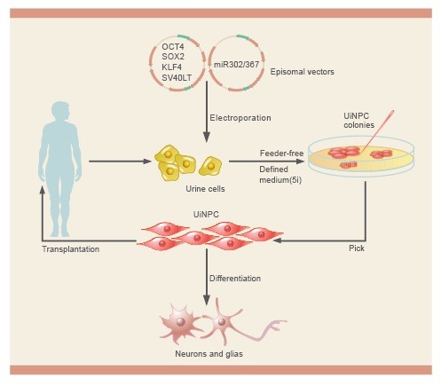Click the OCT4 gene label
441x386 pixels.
(x=173, y=46)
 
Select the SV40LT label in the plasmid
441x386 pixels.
(x=177, y=77)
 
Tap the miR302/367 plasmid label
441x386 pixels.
(x=236, y=64)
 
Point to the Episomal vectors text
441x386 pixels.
(x=303, y=72)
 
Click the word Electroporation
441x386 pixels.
(x=240, y=118)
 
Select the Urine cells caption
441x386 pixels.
(x=205, y=189)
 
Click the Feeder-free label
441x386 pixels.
(x=282, y=154)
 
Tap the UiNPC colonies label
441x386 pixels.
(x=359, y=121)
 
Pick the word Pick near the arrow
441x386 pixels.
(x=357, y=248)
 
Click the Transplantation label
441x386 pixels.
(x=71, y=249)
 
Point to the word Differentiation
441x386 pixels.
(x=235, y=279)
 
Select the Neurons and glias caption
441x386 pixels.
(x=209, y=354)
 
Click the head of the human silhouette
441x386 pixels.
(x=60, y=111)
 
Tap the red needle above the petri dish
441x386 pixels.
(x=378, y=130)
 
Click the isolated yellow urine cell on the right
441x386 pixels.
(x=210, y=166)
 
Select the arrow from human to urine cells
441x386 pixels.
(x=120, y=161)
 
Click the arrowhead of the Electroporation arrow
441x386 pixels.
(x=207, y=137)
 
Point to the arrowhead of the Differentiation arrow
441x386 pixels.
(x=207, y=299)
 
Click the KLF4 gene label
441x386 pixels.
(x=171, y=67)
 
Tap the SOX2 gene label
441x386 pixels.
(x=173, y=57)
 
